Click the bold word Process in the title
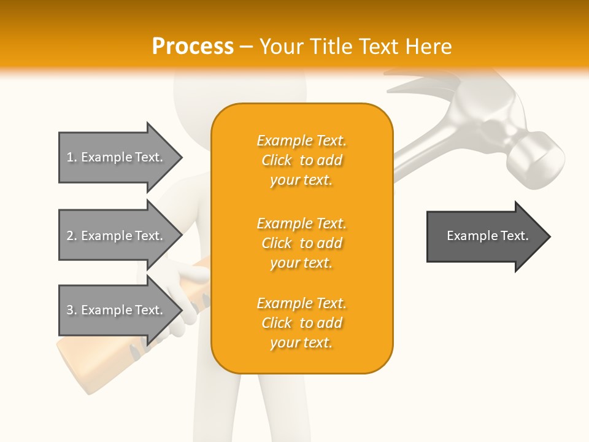193,46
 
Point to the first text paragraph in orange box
301,160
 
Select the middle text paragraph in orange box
301,243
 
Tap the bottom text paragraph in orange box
301,323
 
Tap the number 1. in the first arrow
72,157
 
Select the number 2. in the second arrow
72,236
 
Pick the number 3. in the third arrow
72,310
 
